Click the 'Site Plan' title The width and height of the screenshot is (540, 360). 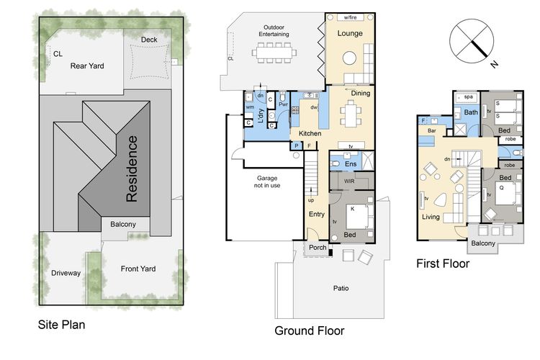pos(61,325)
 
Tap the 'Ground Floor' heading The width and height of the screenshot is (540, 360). pos(310,330)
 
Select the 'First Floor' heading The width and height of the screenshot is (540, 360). pos(443,264)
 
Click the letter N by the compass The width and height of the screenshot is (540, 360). pos(495,64)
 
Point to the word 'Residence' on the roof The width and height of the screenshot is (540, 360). pos(132,168)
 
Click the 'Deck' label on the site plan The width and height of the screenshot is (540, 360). pos(149,40)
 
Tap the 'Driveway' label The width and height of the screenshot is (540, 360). pos(66,273)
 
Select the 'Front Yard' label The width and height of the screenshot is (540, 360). pos(138,269)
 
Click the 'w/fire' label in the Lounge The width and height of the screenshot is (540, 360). pos(350,17)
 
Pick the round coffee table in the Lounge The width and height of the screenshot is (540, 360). pos(349,58)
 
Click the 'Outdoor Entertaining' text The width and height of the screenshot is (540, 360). pos(274,31)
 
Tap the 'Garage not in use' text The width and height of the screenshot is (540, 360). pos(267,181)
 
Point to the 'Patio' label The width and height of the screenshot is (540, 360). pos(341,288)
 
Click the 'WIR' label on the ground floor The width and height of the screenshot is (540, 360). pos(349,181)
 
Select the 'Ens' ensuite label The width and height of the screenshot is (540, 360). pos(351,164)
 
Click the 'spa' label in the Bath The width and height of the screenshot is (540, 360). pos(469,96)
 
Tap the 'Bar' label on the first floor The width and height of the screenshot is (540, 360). pos(432,130)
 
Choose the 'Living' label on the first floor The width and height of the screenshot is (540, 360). pos(431,217)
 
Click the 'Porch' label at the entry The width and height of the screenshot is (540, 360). pos(318,248)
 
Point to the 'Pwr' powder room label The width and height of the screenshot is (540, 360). pos(283,104)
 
